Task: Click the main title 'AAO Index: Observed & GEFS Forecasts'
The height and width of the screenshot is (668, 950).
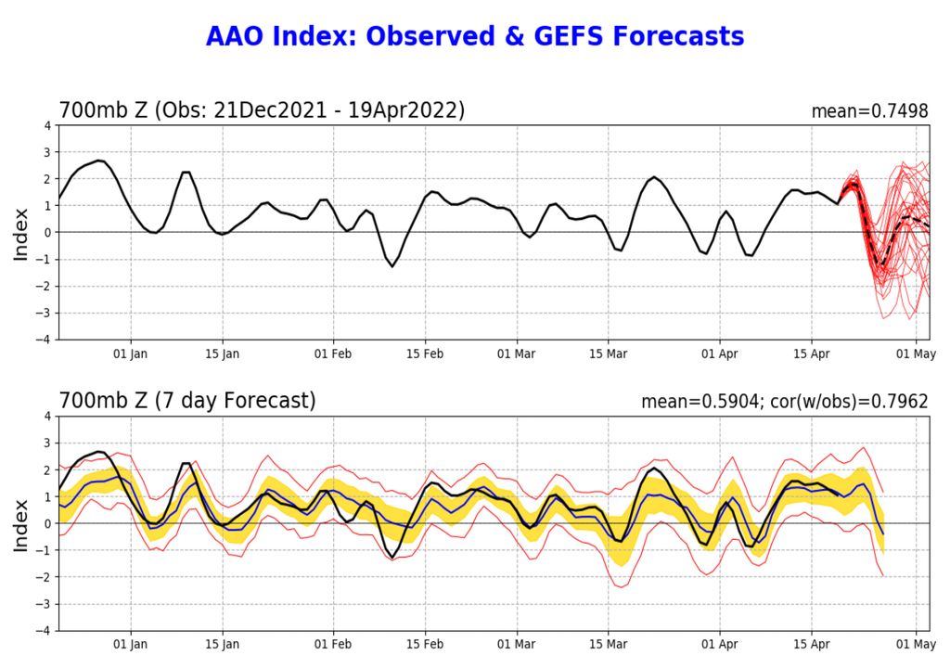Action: (474, 36)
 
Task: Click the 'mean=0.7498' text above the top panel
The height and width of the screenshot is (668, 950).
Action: (869, 111)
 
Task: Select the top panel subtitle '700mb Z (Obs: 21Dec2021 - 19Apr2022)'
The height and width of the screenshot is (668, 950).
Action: (262, 110)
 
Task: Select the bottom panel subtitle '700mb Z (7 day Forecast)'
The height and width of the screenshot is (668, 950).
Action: (186, 401)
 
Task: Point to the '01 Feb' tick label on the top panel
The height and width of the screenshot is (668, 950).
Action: (332, 353)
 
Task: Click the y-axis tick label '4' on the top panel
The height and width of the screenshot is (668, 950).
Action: (47, 125)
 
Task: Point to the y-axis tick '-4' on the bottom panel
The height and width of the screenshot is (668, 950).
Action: (44, 631)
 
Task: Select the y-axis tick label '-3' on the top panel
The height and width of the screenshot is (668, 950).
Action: (44, 314)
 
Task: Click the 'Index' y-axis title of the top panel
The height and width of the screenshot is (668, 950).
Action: (20, 233)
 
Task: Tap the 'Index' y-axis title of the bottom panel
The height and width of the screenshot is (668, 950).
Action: (20, 524)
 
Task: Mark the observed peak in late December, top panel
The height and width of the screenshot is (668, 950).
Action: (100, 161)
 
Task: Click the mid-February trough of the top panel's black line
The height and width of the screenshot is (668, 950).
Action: (392, 266)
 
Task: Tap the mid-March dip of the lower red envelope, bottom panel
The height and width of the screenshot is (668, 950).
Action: (618, 586)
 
